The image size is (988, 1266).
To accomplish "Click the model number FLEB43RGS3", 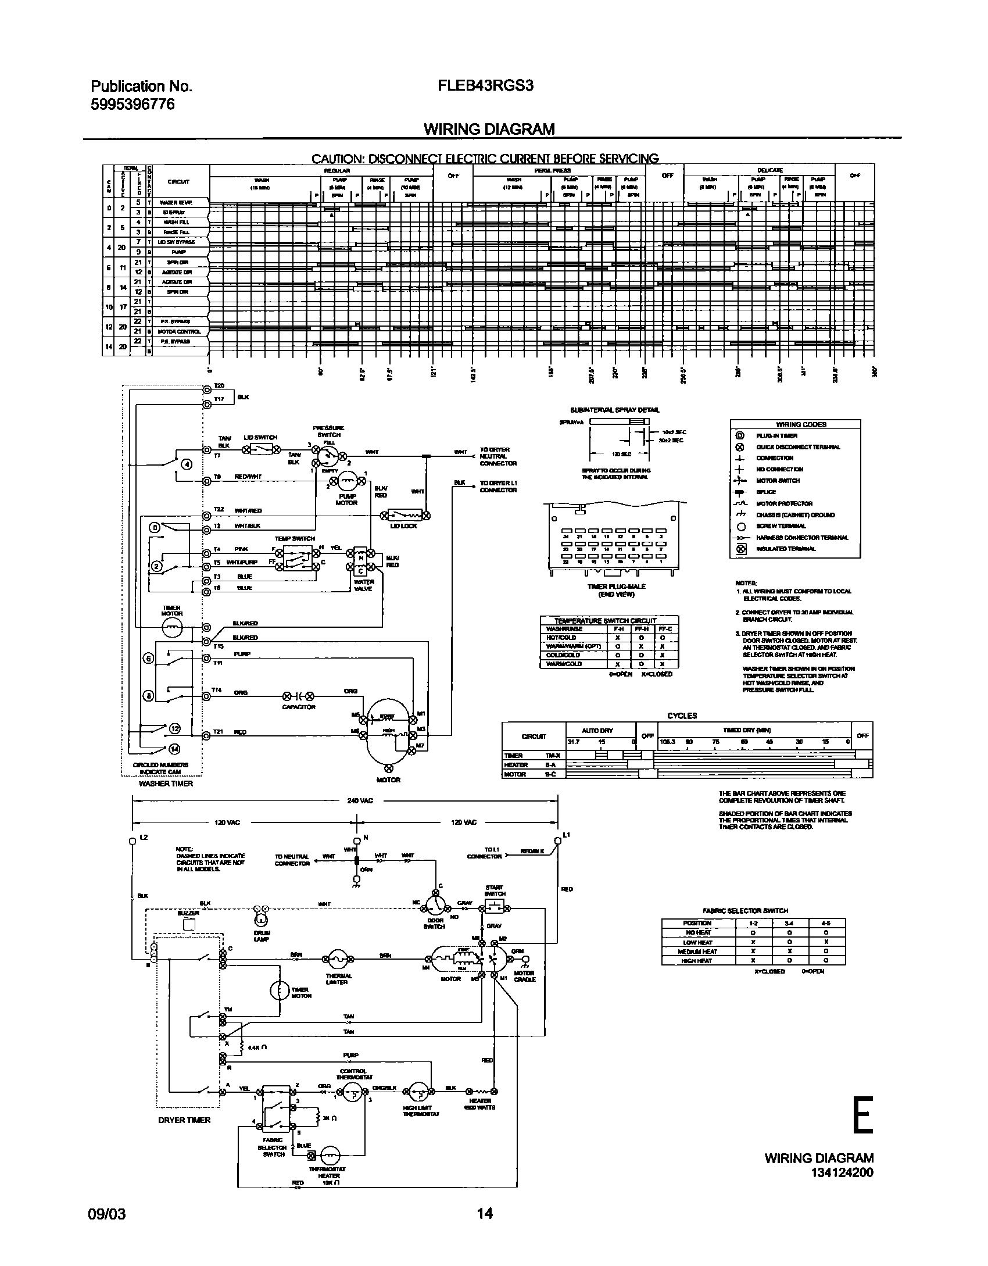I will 485,86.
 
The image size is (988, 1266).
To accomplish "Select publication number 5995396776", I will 133,105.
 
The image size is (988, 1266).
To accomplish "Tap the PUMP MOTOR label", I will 346,499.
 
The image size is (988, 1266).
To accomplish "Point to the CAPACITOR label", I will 298,707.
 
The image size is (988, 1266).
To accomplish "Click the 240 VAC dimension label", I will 360,800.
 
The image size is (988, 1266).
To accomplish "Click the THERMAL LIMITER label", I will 337,979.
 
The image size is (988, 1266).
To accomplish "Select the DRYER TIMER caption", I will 184,1120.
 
